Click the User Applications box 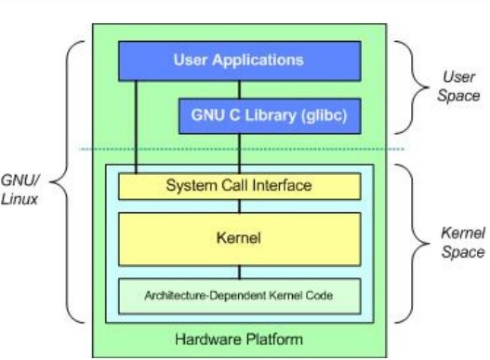[x=238, y=60]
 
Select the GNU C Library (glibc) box [x=268, y=116]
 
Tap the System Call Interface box [x=238, y=186]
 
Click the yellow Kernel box [x=238, y=239]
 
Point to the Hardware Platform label [x=240, y=339]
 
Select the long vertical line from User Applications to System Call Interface [x=136, y=126]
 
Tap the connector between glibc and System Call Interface [x=240, y=153]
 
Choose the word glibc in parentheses [x=314, y=116]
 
